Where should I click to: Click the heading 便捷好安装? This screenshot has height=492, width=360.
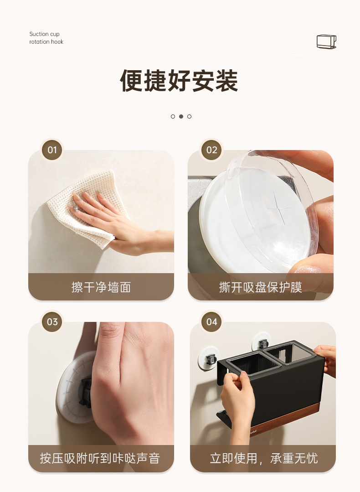(x=179, y=81)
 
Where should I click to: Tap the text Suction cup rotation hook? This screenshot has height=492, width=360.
(x=46, y=38)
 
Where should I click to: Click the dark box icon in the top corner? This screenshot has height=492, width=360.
(x=326, y=42)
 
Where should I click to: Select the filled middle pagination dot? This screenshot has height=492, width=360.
(x=181, y=116)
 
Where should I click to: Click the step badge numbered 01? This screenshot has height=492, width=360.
(x=52, y=150)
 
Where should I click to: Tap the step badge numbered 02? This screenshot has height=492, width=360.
(x=212, y=150)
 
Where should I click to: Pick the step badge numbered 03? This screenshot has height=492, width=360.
(x=52, y=321)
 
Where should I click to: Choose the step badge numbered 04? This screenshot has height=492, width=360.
(x=212, y=321)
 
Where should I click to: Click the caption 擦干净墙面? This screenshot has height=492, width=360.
(x=101, y=287)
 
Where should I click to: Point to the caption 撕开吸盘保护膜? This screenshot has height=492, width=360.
(x=261, y=287)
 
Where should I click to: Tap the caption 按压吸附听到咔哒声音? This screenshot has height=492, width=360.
(x=100, y=458)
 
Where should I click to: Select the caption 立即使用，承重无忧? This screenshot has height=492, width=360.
(x=264, y=458)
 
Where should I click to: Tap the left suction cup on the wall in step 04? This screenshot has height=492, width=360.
(x=209, y=357)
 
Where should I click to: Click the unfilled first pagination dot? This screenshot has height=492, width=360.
(x=173, y=116)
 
